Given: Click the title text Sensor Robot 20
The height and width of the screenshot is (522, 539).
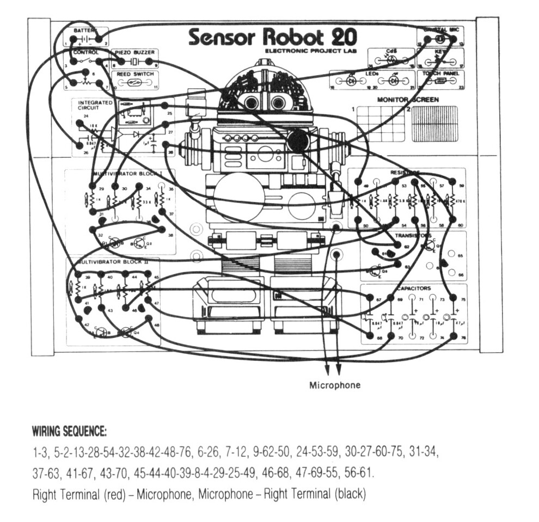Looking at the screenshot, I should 273,37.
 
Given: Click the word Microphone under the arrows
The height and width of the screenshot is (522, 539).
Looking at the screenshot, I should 335,385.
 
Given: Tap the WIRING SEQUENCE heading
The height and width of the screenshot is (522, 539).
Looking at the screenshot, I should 69,433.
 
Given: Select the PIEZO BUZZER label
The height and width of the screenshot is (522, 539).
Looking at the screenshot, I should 134,53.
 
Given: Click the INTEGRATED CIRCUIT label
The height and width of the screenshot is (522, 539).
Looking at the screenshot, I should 95,106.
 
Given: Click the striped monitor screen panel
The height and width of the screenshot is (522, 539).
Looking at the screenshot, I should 434,124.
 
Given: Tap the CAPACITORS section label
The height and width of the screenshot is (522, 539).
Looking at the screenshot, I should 414,288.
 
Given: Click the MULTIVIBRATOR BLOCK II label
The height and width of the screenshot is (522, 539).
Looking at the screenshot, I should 109,262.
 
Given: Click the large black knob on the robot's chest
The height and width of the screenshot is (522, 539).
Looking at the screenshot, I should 298,141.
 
